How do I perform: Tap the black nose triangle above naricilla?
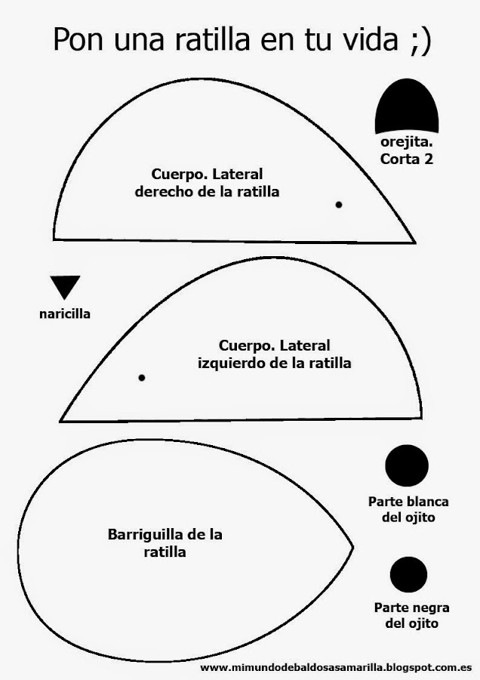[65, 287]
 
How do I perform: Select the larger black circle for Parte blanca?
[407, 465]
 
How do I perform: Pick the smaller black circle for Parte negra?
[408, 574]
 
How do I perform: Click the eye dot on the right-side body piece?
[339, 205]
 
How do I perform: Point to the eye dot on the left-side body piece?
[142, 378]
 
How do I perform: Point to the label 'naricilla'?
[65, 313]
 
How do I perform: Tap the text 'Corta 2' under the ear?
[406, 159]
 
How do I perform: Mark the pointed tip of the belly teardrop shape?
[353, 545]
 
